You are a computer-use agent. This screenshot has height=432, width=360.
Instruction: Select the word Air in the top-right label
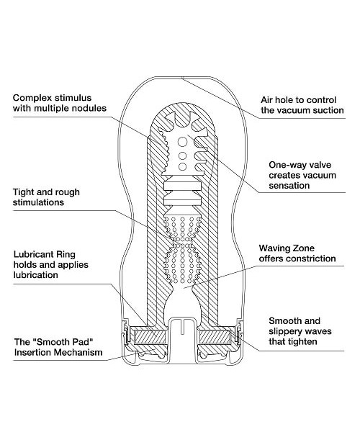coord(266,100)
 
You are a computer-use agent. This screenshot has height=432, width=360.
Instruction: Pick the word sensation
coord(289,186)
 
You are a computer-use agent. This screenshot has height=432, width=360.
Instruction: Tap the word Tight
coord(23,192)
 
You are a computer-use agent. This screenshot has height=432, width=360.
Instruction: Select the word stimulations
coord(38,202)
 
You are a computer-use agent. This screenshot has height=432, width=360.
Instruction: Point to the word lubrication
coord(36,275)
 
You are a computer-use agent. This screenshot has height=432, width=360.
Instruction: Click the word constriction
coord(312,258)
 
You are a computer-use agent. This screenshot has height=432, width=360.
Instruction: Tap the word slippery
coord(285,331)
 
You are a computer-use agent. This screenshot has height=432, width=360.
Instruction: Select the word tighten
coord(304,342)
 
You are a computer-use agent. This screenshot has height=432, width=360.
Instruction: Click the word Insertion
coord(30,352)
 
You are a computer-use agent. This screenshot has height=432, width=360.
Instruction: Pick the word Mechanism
coord(75,352)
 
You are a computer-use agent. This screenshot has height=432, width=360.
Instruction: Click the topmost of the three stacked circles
coord(182,142)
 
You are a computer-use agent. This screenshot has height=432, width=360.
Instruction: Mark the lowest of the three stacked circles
coord(182,166)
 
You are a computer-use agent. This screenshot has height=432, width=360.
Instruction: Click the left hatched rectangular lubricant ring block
coord(150,337)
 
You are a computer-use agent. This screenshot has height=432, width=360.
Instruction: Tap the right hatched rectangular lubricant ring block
coord(214,337)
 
